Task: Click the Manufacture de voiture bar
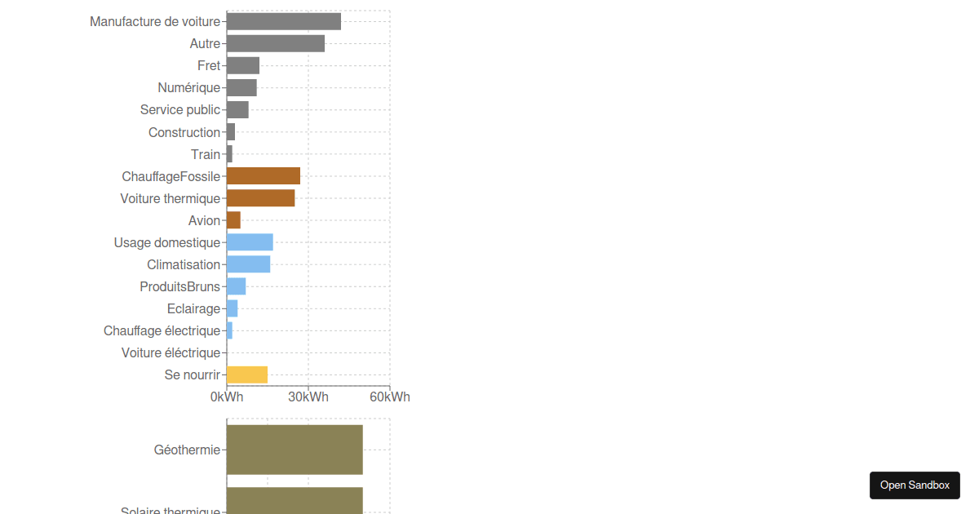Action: tap(283, 22)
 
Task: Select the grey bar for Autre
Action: tap(275, 44)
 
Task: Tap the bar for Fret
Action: tap(242, 66)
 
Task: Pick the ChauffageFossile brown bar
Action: tap(263, 176)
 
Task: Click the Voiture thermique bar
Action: tap(260, 198)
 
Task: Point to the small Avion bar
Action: tap(233, 220)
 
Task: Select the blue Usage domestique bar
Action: tap(250, 242)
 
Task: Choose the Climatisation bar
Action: tap(248, 264)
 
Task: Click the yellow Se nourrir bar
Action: tap(246, 374)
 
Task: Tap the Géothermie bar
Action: tap(294, 450)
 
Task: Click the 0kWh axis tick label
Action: tap(226, 397)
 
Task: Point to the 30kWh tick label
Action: tap(308, 397)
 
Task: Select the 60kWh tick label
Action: tap(389, 397)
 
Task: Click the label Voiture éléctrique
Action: tap(171, 353)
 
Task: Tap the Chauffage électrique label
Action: tap(162, 331)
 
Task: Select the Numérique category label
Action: tap(188, 88)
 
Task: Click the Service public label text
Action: tap(179, 110)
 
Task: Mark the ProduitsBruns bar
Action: tap(236, 286)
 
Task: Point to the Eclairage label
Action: tap(193, 309)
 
